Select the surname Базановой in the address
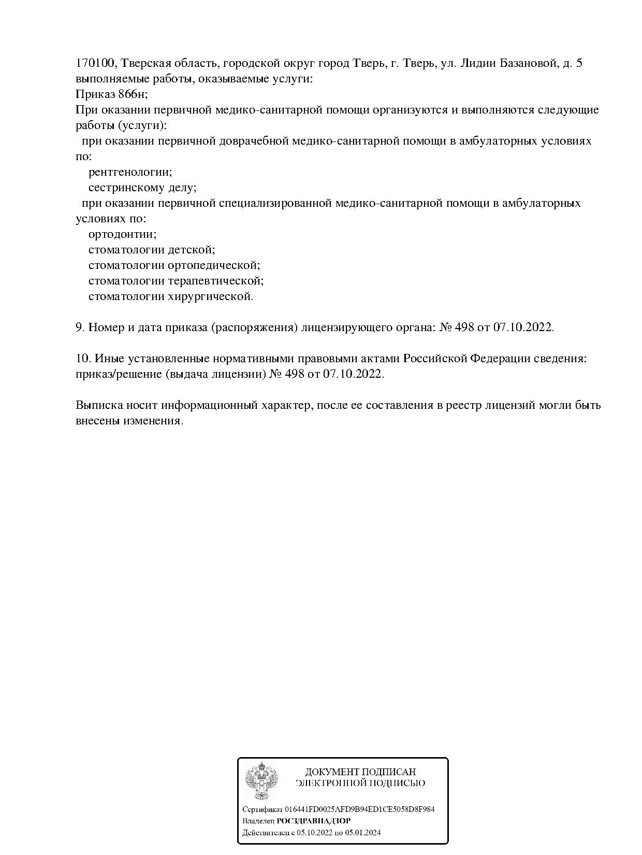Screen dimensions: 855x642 527,63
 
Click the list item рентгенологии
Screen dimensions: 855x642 130,172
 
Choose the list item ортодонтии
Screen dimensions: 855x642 122,234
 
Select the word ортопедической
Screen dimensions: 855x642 214,265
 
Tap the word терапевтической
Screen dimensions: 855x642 216,281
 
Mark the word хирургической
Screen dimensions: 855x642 211,296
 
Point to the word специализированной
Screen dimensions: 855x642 275,203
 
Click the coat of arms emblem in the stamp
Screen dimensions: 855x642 261,781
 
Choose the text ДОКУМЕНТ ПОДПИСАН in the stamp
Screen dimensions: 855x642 360,772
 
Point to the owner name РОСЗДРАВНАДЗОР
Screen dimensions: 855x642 314,821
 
